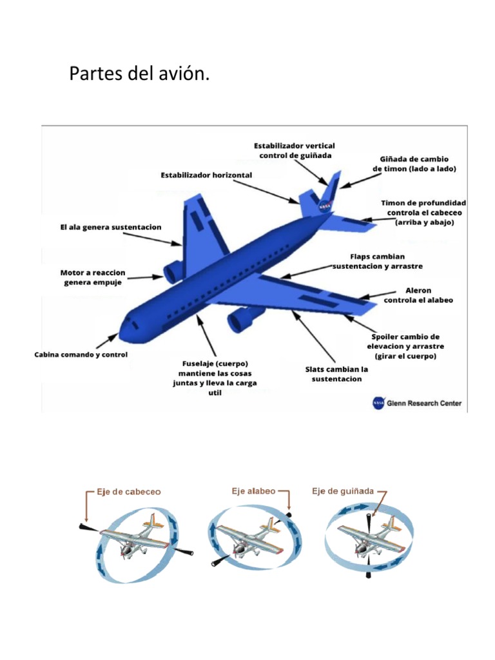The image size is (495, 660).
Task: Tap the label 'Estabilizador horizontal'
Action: pyautogui.click(x=206, y=175)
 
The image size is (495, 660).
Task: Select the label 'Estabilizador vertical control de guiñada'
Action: pyautogui.click(x=294, y=150)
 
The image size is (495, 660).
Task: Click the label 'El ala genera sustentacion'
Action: pyautogui.click(x=111, y=228)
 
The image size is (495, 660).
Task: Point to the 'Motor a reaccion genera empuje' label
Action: pyautogui.click(x=93, y=277)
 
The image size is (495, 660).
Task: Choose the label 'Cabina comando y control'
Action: pyautogui.click(x=81, y=354)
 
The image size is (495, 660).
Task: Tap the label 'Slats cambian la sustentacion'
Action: pyautogui.click(x=336, y=374)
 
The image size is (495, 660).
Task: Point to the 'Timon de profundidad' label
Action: pyautogui.click(x=423, y=212)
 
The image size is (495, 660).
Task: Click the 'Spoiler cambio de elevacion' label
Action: pyautogui.click(x=407, y=346)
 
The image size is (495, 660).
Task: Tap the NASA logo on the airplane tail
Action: pyautogui.click(x=325, y=205)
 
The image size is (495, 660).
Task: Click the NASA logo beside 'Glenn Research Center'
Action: pyautogui.click(x=378, y=403)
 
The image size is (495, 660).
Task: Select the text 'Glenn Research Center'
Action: pyautogui.click(x=424, y=403)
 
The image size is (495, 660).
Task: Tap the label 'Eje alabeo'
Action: pyautogui.click(x=253, y=490)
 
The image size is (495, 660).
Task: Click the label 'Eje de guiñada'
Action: pyautogui.click(x=342, y=490)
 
